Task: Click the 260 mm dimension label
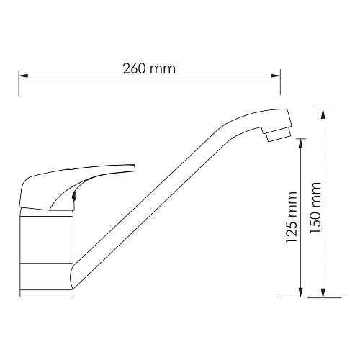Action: [x=149, y=68]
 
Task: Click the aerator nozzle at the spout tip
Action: [x=276, y=132]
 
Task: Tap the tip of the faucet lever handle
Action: [x=131, y=168]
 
